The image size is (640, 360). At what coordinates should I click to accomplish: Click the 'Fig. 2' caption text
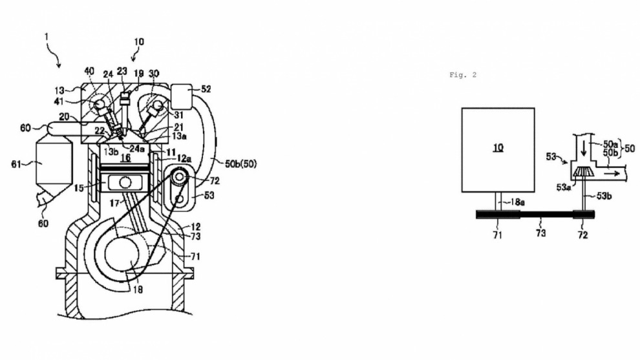[462, 75]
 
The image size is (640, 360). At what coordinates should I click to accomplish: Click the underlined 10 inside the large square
[497, 148]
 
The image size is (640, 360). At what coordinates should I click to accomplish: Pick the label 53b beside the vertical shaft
[603, 195]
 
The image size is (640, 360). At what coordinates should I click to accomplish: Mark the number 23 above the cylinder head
[122, 71]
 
